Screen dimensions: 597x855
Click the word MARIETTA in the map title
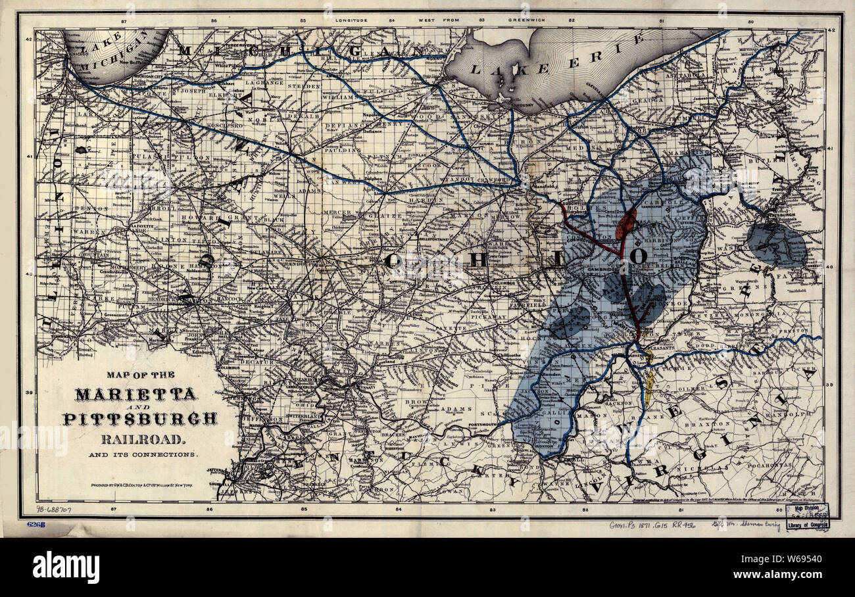pos(135,394)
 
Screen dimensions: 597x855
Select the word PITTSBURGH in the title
pos(139,418)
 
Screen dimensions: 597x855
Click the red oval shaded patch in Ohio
pos(625,224)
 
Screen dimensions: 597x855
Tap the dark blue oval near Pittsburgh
pos(776,244)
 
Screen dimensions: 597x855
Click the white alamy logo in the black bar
pos(66,567)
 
